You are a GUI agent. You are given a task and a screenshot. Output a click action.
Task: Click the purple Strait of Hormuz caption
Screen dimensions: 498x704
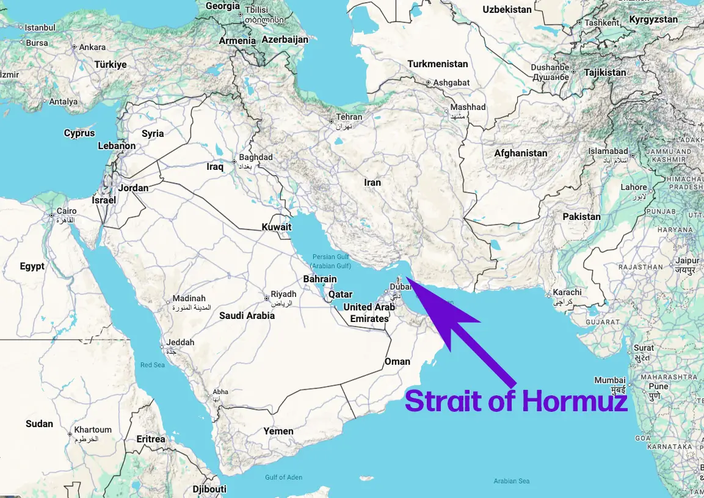point(516,401)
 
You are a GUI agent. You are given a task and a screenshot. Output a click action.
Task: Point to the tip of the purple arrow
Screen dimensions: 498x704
point(405,279)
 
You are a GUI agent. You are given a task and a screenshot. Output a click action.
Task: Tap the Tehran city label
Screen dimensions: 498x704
point(349,117)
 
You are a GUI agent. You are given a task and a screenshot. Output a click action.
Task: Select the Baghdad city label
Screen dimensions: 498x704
point(256,157)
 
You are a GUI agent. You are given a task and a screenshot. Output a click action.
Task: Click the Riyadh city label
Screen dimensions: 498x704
point(283,294)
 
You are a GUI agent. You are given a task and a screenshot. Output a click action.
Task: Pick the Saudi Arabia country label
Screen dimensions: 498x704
point(247,315)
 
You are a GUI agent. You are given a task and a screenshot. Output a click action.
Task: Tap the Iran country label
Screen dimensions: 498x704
point(372,182)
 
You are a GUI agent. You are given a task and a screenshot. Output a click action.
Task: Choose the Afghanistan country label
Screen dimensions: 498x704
point(520,153)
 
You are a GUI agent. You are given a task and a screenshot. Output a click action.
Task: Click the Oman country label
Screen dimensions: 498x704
point(397,361)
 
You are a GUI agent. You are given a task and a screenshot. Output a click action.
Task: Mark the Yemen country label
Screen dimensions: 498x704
point(278,431)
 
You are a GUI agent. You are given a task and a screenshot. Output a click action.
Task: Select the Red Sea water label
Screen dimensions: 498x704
point(153,365)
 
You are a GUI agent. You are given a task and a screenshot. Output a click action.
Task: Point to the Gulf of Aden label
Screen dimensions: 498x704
point(283,477)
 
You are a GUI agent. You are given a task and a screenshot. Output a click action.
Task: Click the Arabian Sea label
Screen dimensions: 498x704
point(512,481)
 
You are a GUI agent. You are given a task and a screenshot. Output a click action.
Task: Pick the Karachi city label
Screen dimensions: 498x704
point(567,292)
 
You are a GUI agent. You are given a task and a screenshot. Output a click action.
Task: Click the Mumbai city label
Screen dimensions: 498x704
point(610,380)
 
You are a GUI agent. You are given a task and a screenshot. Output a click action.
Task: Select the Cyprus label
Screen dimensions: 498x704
point(79,133)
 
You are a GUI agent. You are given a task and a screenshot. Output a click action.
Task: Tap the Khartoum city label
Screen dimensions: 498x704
point(93,430)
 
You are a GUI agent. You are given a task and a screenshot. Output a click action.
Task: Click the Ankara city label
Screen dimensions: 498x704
point(92,47)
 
